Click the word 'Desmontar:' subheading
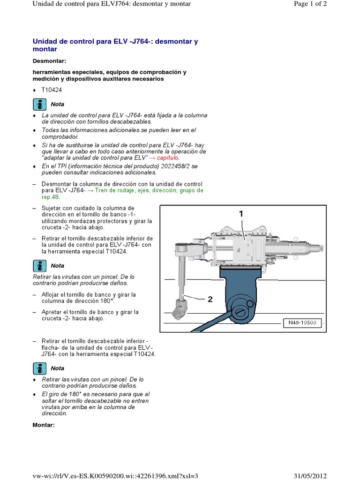[x=49, y=61]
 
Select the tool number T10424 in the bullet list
[x=52, y=90]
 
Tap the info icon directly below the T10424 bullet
[x=40, y=104]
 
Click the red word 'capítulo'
[x=167, y=157]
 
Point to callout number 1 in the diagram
[x=241, y=214]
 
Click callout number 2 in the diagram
[x=210, y=300]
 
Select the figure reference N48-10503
[x=303, y=323]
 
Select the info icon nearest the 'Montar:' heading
[x=40, y=368]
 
